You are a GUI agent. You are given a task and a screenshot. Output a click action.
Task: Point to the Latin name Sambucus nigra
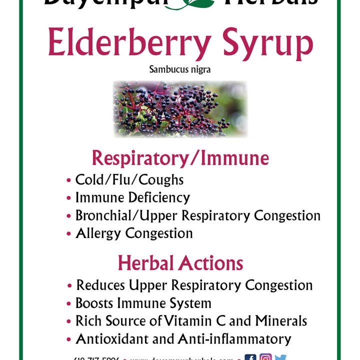[180, 69]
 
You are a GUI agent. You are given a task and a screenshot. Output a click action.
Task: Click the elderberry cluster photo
[180, 109]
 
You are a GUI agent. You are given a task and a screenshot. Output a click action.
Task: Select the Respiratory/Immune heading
[180, 158]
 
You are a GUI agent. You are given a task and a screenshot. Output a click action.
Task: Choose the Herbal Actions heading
[180, 262]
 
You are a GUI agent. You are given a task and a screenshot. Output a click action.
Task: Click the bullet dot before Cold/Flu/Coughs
[69, 180]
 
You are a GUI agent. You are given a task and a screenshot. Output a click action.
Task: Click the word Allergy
[98, 233]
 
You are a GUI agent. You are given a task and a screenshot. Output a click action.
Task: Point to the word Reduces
[101, 285]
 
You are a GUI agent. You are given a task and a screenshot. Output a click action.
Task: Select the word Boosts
[94, 303]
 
